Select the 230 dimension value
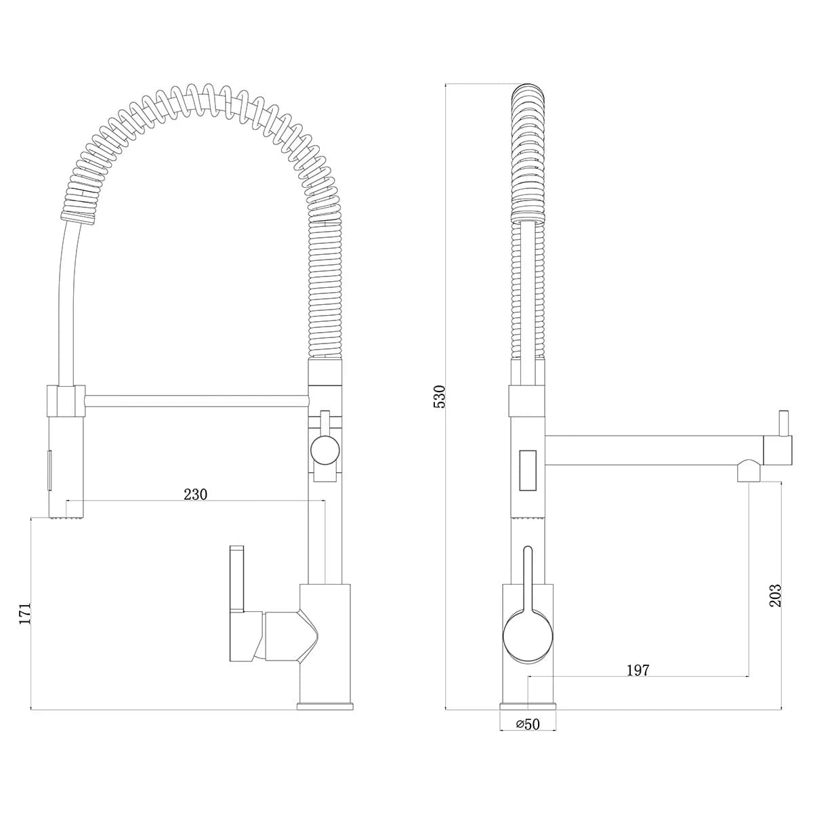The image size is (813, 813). tap(195, 495)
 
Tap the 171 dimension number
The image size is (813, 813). tap(25, 613)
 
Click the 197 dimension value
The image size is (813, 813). tap(638, 682)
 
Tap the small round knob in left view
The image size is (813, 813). tap(325, 451)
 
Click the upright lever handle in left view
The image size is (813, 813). tap(236, 579)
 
